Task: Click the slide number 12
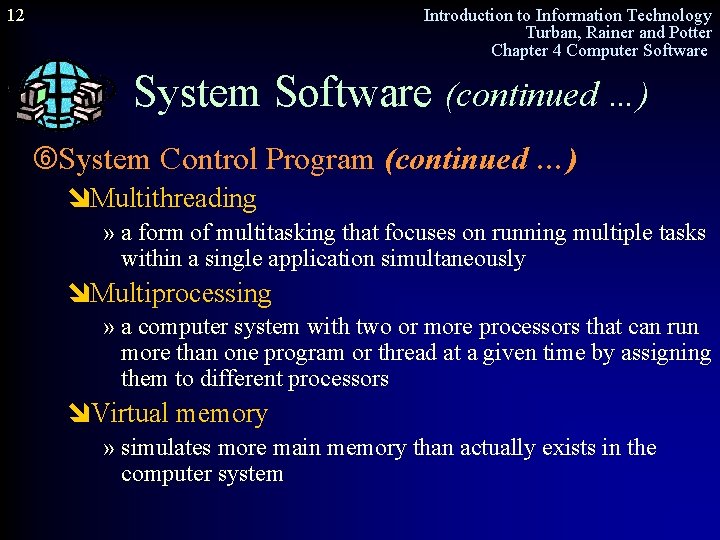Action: [15, 15]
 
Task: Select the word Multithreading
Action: [173, 199]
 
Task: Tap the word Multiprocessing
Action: [181, 294]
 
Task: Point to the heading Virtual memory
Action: [179, 414]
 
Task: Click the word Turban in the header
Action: [552, 33]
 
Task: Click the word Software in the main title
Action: [353, 93]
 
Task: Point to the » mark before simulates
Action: [109, 449]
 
